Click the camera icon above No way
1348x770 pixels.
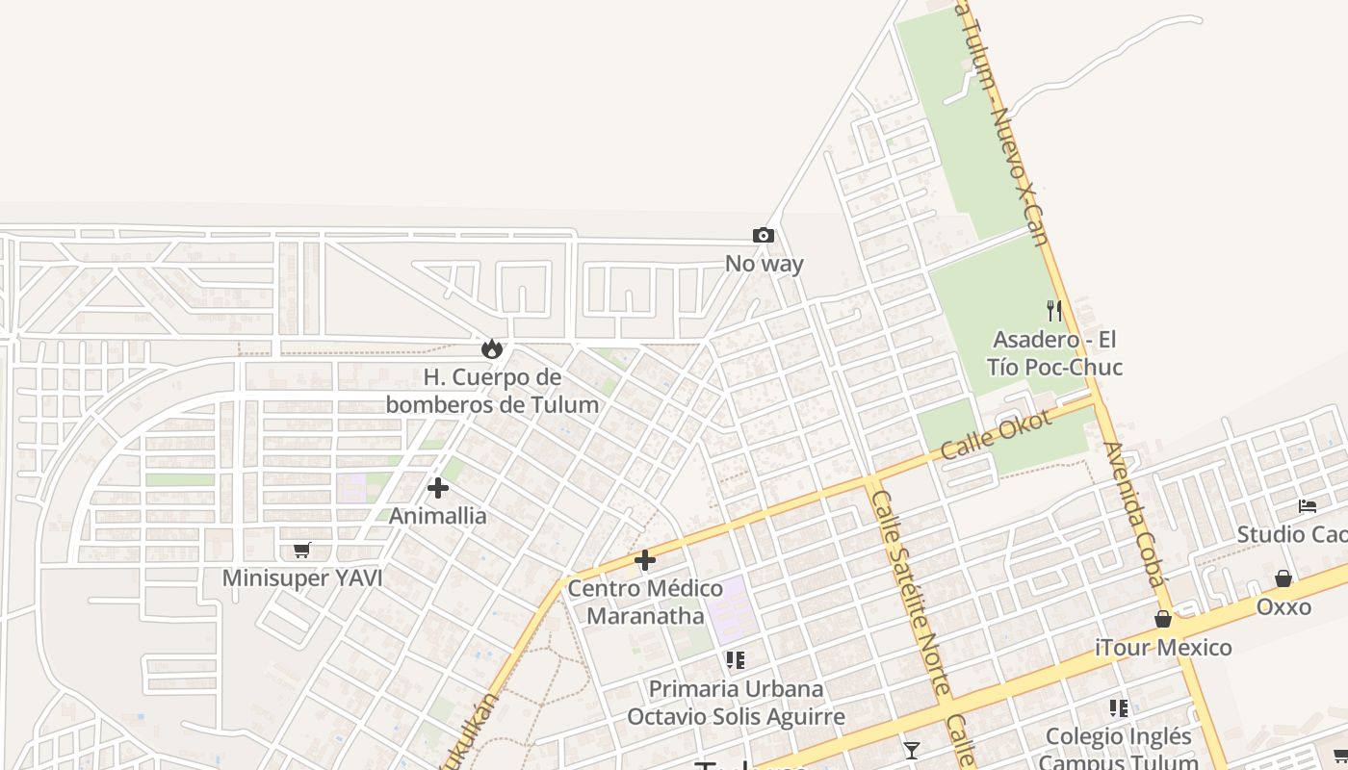[x=763, y=235]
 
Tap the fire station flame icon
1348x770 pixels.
[x=492, y=347]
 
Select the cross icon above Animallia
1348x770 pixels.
[x=438, y=488]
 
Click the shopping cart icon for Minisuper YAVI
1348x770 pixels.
[x=301, y=550]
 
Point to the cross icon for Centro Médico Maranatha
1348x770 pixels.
[x=645, y=559]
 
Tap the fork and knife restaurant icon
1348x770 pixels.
[x=1054, y=310]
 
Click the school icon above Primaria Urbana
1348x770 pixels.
[x=736, y=660]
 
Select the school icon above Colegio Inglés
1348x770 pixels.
[x=1118, y=708]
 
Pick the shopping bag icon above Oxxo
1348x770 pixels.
[x=1283, y=578]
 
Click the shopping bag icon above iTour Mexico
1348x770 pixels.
[x=1163, y=619]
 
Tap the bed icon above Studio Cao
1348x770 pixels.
[x=1307, y=505]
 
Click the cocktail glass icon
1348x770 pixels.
[x=911, y=750]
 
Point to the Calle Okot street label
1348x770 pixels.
[x=996, y=435]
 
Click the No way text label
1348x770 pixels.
[x=765, y=264]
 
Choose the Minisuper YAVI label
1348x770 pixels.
[x=302, y=578]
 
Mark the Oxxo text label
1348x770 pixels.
[x=1283, y=607]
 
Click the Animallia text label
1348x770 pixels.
[x=438, y=516]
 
